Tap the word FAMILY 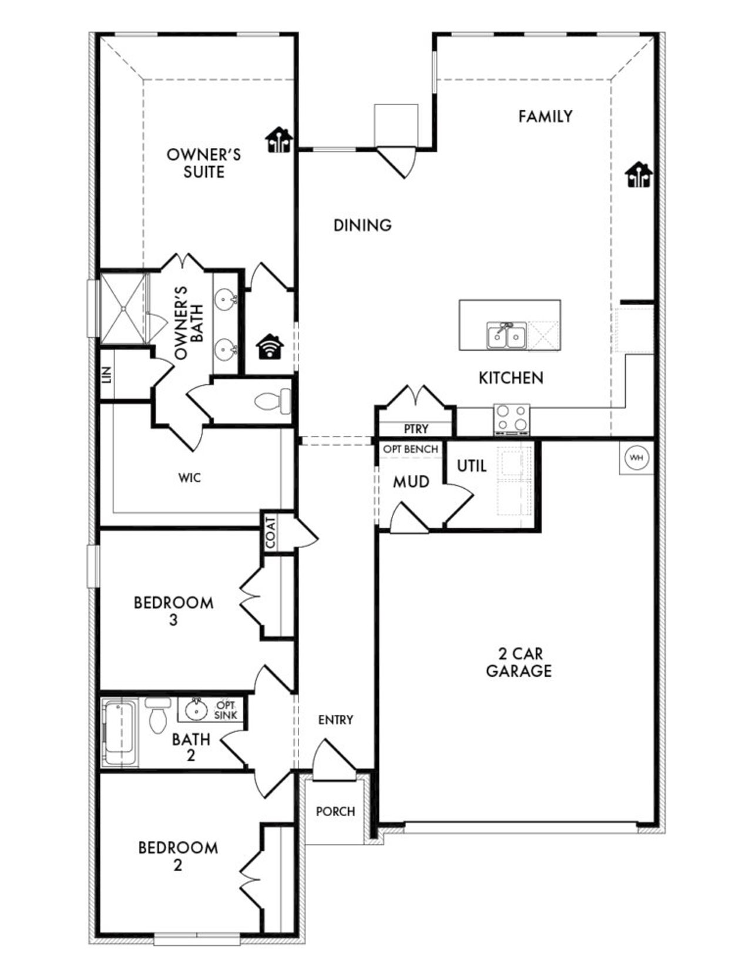pyautogui.click(x=545, y=116)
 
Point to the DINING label pyautogui.click(x=362, y=225)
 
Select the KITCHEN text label pyautogui.click(x=511, y=378)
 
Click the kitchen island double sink pyautogui.click(x=506, y=335)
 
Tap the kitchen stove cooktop pyautogui.click(x=511, y=418)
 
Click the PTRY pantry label pyautogui.click(x=416, y=429)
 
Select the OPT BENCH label pyautogui.click(x=411, y=449)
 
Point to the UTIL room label pyautogui.click(x=472, y=466)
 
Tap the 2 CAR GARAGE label pyautogui.click(x=519, y=662)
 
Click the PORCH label pyautogui.click(x=335, y=811)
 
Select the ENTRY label pyautogui.click(x=335, y=720)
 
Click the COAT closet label pyautogui.click(x=271, y=533)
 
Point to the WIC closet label pyautogui.click(x=190, y=478)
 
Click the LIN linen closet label pyautogui.click(x=106, y=375)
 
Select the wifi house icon pyautogui.click(x=270, y=346)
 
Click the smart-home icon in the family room pyautogui.click(x=638, y=174)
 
